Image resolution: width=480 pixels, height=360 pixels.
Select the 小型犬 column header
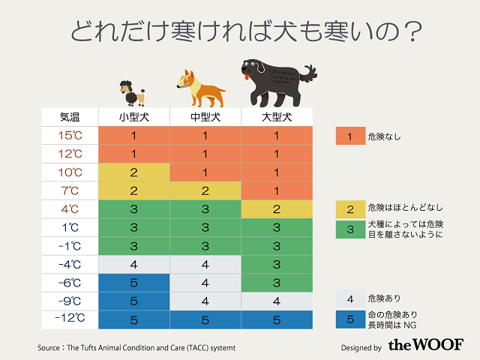tap(133, 118)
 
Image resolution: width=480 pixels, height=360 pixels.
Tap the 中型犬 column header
tap(205, 118)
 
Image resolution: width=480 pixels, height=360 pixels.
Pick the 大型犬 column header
tap(276, 118)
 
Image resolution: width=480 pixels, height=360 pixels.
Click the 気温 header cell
tap(70, 118)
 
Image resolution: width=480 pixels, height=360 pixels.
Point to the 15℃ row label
tap(70, 136)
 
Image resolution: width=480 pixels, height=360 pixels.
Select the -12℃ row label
tap(70, 319)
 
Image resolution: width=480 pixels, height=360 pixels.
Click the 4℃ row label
tap(70, 208)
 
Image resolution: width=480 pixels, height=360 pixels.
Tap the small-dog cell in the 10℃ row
tap(133, 172)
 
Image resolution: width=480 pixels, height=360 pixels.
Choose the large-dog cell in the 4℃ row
tap(276, 208)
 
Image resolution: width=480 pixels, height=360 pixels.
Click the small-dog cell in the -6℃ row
tap(133, 282)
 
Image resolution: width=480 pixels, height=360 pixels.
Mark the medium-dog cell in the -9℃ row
tap(205, 300)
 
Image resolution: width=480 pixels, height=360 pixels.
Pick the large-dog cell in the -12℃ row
tap(276, 319)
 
